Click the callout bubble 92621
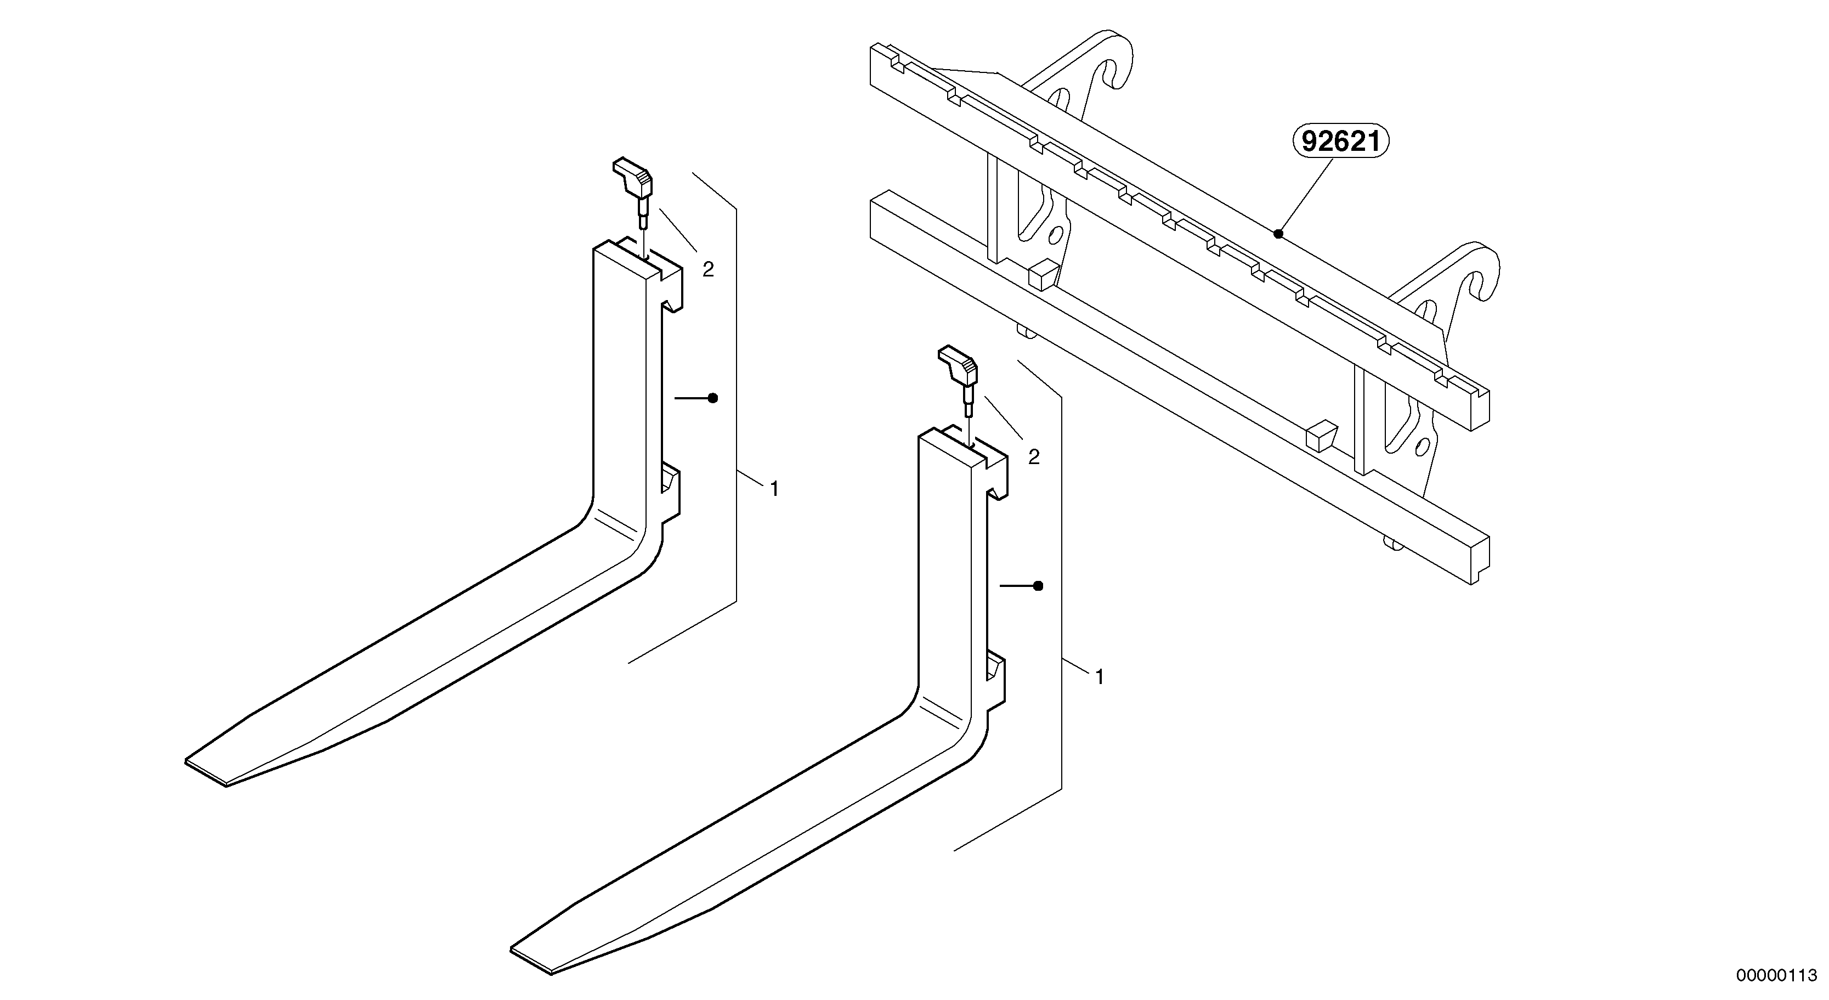coord(1340,142)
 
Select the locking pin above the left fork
coord(137,183)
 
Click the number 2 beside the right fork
coord(1034,457)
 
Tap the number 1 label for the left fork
coord(774,489)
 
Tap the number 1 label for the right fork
coord(1100,677)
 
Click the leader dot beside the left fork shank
coord(713,398)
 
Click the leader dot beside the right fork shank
coord(1038,586)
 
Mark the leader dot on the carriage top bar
coord(1278,234)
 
